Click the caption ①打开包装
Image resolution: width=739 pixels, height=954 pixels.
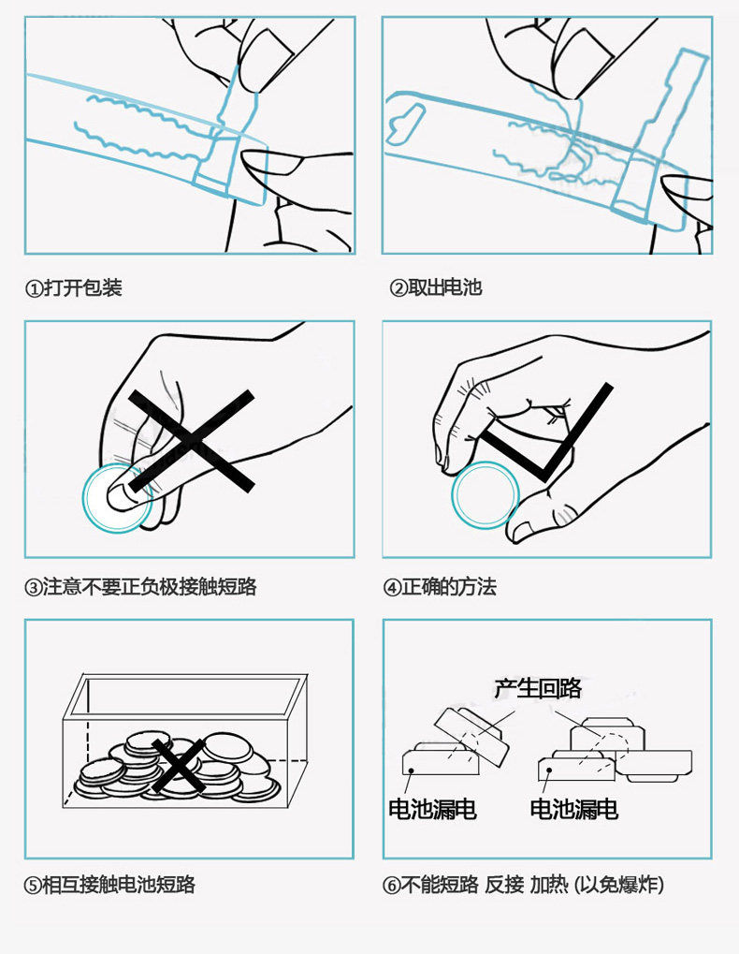(x=74, y=287)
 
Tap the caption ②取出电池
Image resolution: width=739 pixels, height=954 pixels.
(x=436, y=287)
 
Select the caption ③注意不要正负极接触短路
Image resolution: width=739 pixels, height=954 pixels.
(x=140, y=587)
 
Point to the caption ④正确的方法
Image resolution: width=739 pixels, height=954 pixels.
(x=440, y=587)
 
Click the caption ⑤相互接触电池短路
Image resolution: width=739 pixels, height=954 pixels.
(x=109, y=885)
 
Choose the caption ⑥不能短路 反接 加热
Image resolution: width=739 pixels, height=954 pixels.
(x=524, y=885)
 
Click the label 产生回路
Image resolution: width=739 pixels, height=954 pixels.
(x=538, y=689)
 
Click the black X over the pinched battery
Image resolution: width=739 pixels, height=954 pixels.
(x=192, y=440)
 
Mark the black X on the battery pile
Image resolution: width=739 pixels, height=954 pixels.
(x=178, y=763)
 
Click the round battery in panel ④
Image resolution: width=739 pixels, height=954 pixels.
(x=485, y=493)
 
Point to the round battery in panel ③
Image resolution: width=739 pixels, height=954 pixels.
(x=117, y=497)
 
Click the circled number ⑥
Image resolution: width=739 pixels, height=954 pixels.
(x=392, y=885)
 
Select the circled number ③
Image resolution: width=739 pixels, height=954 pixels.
(x=33, y=588)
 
